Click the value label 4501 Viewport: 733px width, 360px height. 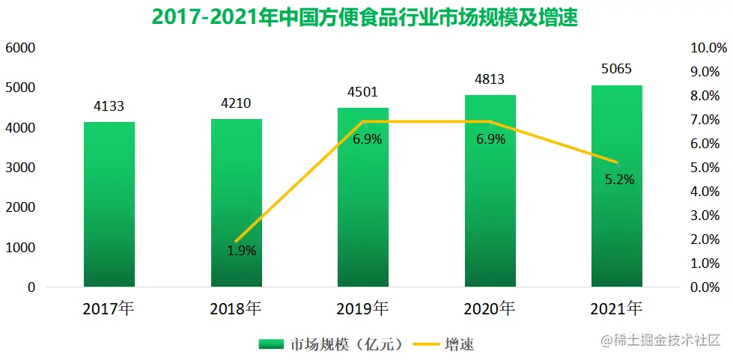point(362,92)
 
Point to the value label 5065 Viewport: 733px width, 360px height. point(616,70)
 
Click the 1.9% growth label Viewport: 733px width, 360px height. point(242,251)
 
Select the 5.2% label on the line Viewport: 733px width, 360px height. point(619,179)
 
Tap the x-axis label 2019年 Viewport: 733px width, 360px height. point(362,308)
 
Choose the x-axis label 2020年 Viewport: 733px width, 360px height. point(489,308)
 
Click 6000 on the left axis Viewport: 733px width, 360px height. point(21,48)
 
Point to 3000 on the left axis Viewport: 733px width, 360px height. point(21,168)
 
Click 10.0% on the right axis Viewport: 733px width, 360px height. point(708,48)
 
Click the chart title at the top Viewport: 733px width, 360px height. point(365,16)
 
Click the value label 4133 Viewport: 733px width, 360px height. point(109,106)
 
